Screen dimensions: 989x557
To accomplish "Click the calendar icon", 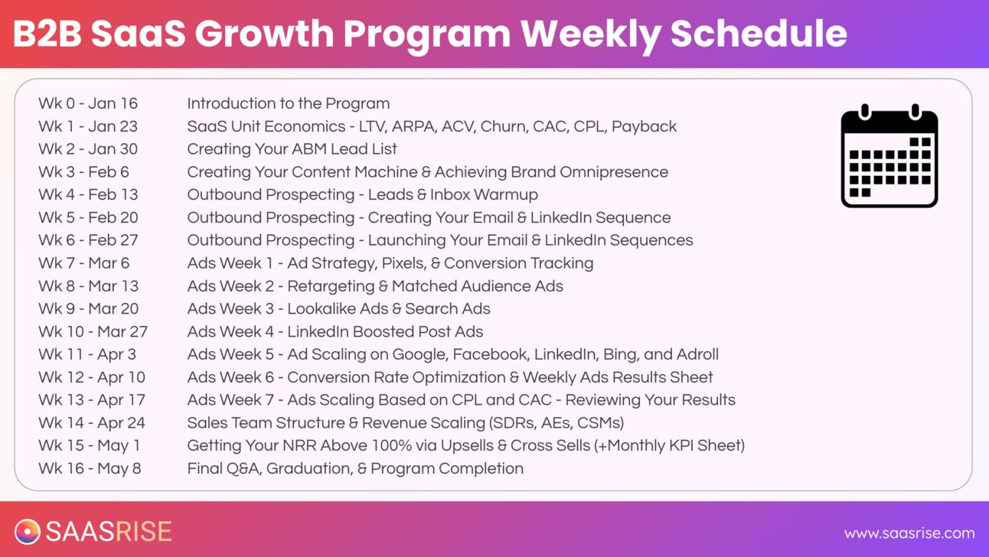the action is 889,156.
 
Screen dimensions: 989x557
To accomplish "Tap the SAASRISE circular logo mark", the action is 28,532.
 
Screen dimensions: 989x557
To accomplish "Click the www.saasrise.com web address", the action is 909,533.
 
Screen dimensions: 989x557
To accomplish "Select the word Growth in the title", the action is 264,34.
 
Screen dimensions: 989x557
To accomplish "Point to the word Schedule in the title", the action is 759,34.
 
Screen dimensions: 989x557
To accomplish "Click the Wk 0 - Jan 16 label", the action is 88,103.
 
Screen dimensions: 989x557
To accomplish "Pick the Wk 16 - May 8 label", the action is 90,468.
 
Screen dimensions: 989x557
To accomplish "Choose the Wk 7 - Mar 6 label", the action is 84,263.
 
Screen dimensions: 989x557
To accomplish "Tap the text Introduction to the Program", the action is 289,103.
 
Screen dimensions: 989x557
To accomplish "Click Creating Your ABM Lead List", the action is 292,149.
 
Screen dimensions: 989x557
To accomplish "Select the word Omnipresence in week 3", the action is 614,172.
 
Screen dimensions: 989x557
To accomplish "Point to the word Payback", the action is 644,127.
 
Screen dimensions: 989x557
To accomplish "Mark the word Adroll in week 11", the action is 697,354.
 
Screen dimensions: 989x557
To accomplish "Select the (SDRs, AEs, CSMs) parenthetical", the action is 557,423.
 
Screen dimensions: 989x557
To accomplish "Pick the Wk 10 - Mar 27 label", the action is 93,331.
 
